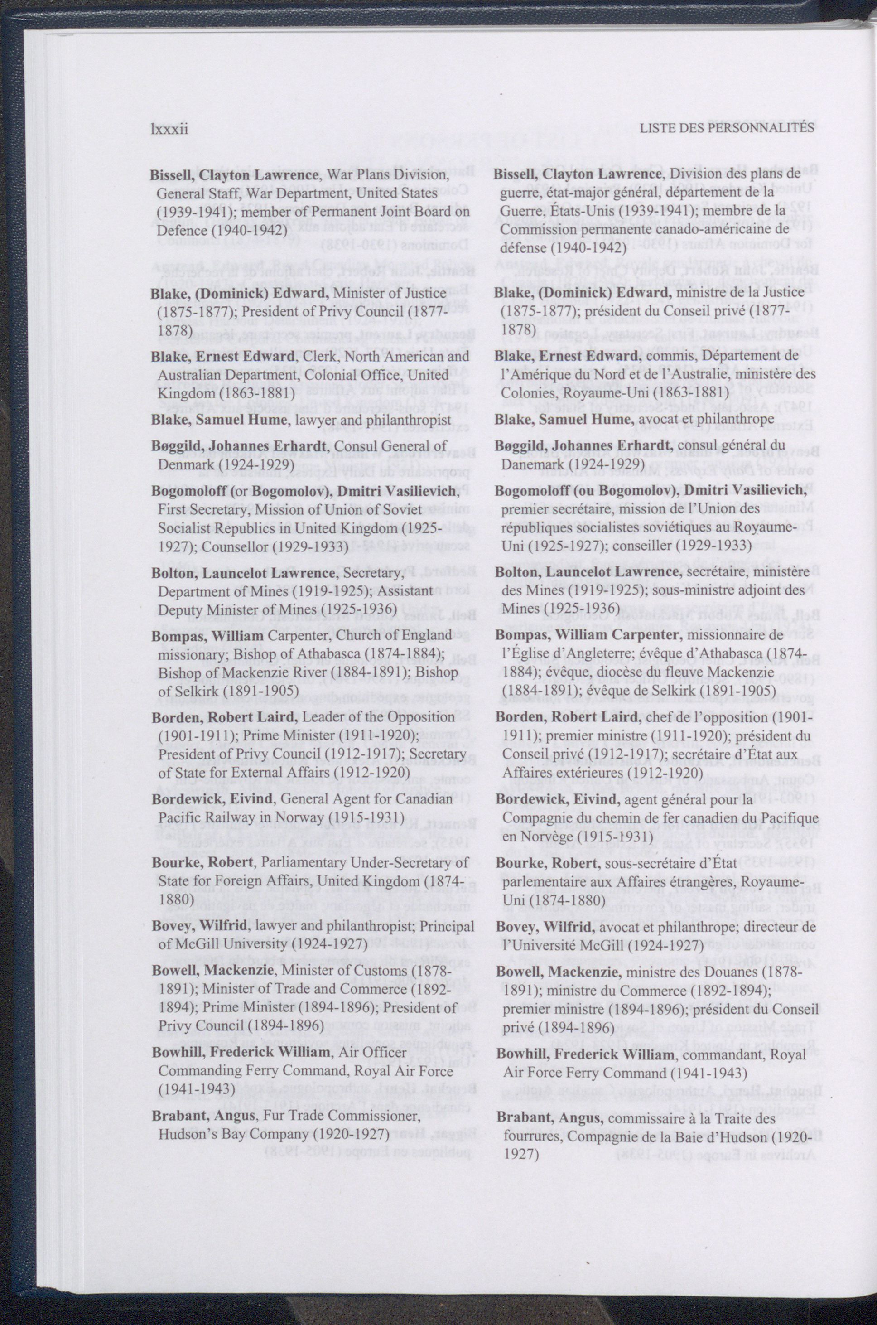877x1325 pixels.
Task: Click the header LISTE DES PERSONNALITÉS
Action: pos(727,128)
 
